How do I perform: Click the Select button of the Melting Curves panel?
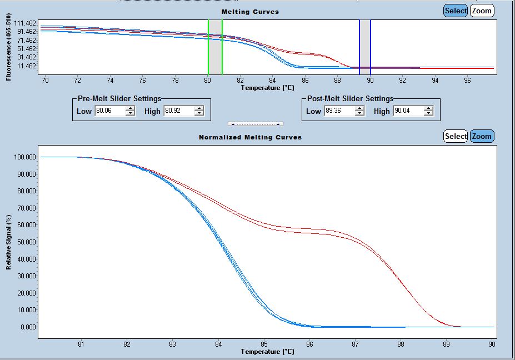click(x=456, y=11)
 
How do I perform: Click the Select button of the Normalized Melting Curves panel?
click(x=456, y=136)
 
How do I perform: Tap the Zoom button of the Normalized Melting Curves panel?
click(x=482, y=136)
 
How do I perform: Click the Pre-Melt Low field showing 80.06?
click(x=109, y=111)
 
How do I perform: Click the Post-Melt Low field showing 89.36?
click(x=339, y=111)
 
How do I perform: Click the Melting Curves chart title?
click(x=250, y=12)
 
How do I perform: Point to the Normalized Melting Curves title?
click(x=250, y=137)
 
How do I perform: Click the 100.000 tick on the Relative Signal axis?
click(x=26, y=157)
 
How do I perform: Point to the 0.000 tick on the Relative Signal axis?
click(x=28, y=327)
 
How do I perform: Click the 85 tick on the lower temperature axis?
click(x=264, y=343)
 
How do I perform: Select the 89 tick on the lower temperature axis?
click(x=446, y=343)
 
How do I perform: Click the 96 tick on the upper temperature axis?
click(x=467, y=80)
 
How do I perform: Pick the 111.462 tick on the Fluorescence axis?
click(x=26, y=23)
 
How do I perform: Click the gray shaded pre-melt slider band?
click(x=215, y=47)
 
